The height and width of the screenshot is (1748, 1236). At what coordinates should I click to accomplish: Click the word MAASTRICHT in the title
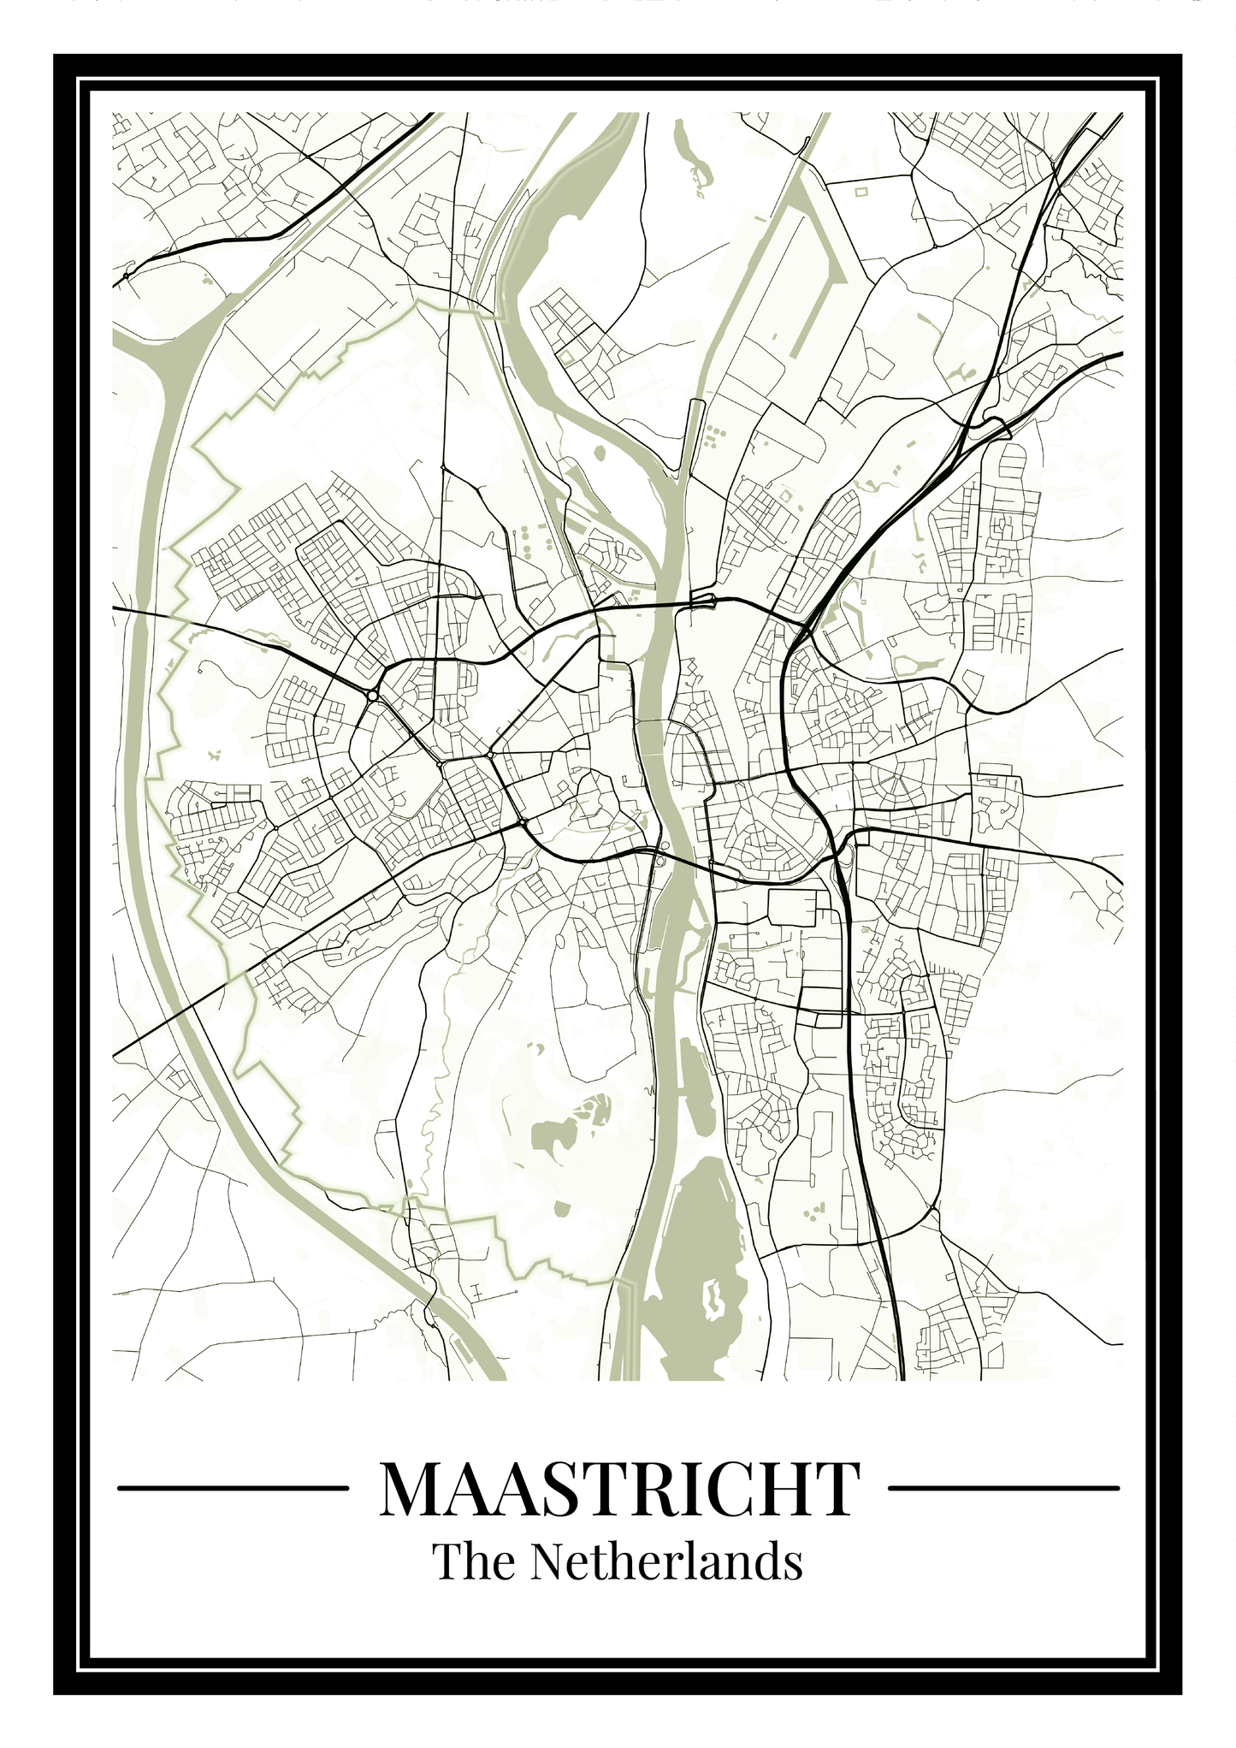coord(619,1489)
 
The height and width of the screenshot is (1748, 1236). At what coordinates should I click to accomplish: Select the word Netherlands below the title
coord(665,1561)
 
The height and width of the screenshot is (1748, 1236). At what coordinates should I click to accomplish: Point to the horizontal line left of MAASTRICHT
coord(232,1488)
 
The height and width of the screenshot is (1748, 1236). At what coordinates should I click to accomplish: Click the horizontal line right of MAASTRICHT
coord(1003,1488)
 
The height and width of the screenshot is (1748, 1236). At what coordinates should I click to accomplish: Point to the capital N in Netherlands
coord(547,1561)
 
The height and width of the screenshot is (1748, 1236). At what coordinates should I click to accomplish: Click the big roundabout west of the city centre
coord(372,696)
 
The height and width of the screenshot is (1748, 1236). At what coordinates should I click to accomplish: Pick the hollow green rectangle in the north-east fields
coord(860,191)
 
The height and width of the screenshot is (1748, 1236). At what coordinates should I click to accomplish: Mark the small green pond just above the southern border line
coord(561,1207)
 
